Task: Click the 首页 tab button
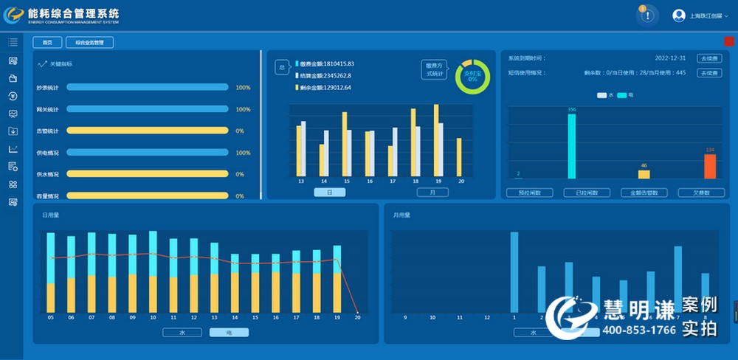tap(47, 43)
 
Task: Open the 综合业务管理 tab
tap(89, 43)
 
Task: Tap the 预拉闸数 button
tap(529, 193)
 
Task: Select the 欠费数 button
tap(700, 193)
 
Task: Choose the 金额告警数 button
tap(644, 193)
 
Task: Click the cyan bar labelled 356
tap(571, 146)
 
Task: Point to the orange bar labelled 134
tap(710, 166)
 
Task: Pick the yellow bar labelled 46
tap(644, 174)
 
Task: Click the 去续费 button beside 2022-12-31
tap(708, 58)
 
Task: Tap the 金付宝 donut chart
tap(471, 76)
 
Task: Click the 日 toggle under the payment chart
tap(329, 193)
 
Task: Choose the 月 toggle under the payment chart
tap(432, 193)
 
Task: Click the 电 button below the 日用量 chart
tap(228, 332)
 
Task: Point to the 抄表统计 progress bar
tap(147, 87)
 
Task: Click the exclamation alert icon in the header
tap(647, 15)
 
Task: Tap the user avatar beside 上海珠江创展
tap(679, 15)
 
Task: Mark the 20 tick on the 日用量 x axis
tap(357, 318)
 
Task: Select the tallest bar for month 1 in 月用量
tap(514, 272)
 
